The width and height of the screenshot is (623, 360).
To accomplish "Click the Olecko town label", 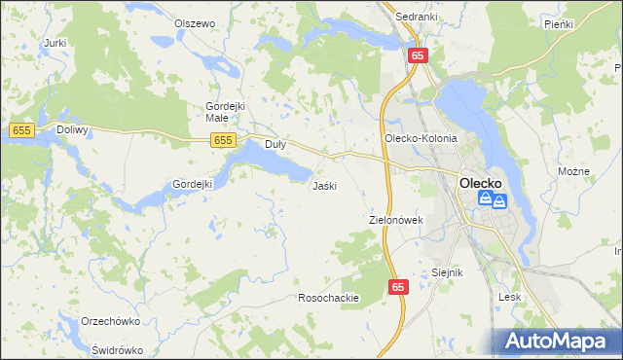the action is click(x=480, y=181).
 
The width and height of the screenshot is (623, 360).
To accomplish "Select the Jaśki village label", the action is click(x=324, y=186).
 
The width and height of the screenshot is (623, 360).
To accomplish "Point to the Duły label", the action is click(x=276, y=145).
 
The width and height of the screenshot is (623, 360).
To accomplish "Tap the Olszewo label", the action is click(x=194, y=23).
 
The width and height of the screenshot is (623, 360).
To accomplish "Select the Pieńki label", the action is click(x=559, y=23).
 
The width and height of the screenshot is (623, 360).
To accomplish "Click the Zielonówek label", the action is click(x=396, y=221).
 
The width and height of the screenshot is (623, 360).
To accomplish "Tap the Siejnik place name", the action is click(x=447, y=273).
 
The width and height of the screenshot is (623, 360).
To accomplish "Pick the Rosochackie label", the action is click(x=329, y=298).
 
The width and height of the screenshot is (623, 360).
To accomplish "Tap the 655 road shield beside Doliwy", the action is click(x=21, y=129).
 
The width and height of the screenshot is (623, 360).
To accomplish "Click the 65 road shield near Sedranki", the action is click(x=417, y=56).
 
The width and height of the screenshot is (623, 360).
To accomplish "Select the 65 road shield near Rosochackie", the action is click(x=398, y=287).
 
